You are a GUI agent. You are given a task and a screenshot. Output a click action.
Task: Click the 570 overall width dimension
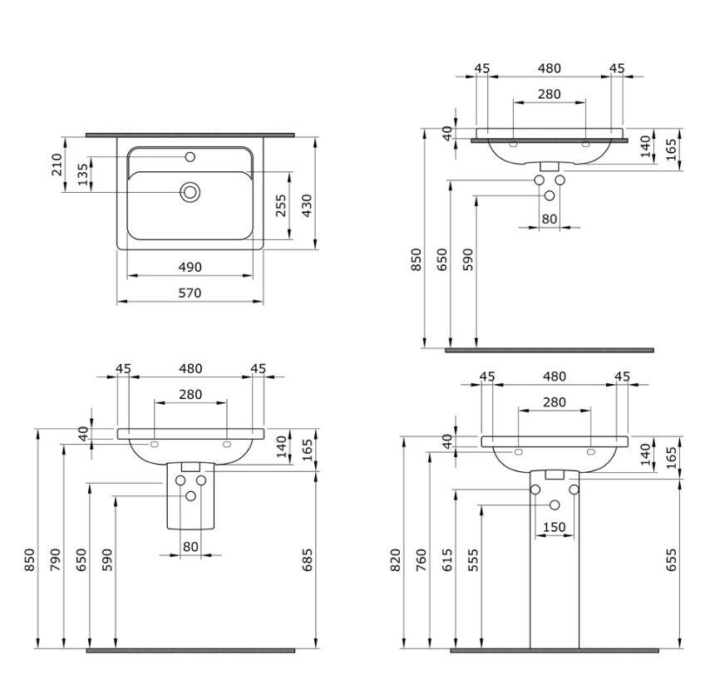coord(190,293)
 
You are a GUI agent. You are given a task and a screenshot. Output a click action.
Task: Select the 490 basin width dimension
coord(190,267)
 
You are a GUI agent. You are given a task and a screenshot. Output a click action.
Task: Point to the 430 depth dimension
coord(307,205)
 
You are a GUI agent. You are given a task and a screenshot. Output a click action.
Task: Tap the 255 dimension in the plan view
coord(281,205)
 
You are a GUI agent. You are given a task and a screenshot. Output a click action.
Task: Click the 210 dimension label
coord(57,165)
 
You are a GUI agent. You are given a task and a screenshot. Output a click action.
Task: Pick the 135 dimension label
coord(83,175)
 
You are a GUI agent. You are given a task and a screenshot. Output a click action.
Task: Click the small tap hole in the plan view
coord(190,157)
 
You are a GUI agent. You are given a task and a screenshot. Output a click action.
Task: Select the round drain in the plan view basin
coord(190,192)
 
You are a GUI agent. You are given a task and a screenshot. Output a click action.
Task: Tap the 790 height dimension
coord(55,559)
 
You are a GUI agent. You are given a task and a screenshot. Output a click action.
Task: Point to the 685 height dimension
coord(308,559)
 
